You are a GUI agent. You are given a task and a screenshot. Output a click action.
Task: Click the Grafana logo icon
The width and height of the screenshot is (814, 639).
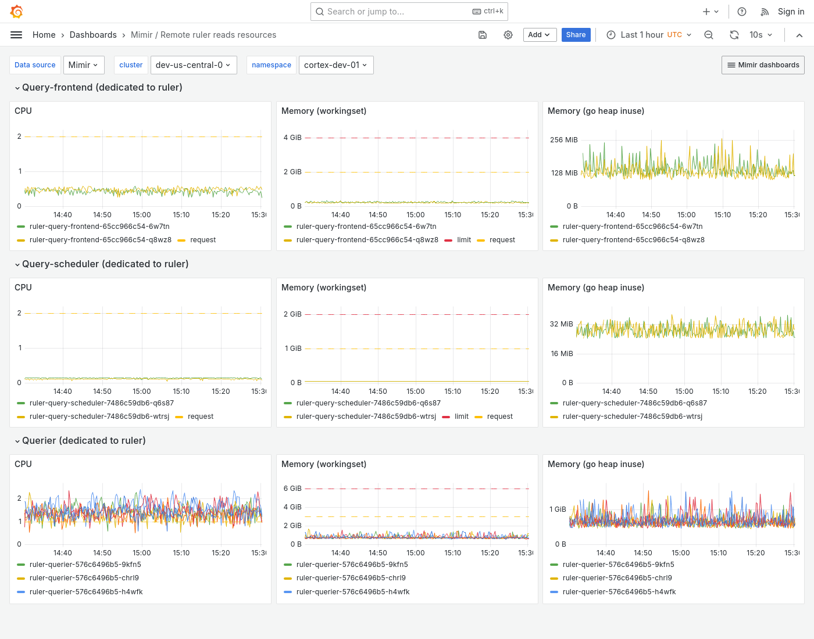point(17,12)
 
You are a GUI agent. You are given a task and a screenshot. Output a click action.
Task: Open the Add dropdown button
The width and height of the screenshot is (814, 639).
point(540,35)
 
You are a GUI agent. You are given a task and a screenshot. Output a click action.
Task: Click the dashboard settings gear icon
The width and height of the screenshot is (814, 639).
point(508,35)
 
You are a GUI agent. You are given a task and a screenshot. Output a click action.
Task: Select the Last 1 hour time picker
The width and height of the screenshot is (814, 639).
point(649,35)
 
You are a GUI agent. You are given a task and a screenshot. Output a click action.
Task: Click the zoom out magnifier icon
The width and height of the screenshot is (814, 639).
point(709,35)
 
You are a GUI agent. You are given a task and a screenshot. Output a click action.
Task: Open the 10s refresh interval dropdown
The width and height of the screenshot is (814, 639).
point(761,35)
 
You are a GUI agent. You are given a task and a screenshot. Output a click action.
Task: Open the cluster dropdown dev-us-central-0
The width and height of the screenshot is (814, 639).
point(192,65)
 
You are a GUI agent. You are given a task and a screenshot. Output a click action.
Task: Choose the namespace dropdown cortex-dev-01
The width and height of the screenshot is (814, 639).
point(335,65)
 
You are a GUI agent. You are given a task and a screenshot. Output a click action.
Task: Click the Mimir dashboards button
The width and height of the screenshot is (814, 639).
point(763,65)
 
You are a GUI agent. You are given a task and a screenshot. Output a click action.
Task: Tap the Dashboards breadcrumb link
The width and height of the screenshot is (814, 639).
point(93,35)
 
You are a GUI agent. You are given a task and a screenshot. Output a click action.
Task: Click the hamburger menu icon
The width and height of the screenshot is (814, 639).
point(16,35)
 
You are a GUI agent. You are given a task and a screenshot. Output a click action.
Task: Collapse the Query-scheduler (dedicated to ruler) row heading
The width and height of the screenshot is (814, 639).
point(105,264)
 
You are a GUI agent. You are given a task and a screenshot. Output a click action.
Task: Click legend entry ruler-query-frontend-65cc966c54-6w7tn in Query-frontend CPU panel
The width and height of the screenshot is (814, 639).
point(99,227)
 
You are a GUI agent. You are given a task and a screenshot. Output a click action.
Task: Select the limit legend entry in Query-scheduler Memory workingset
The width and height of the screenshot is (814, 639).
point(461,417)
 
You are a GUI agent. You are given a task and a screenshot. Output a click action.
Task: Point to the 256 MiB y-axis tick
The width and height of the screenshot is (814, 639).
point(563,140)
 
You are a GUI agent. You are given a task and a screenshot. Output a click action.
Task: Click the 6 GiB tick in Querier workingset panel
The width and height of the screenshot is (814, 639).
point(292,489)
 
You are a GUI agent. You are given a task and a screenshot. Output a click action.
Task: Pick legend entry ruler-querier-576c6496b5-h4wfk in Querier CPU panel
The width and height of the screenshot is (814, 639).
point(86,592)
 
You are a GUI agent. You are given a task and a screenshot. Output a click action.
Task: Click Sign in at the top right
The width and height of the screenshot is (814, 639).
point(791,12)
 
